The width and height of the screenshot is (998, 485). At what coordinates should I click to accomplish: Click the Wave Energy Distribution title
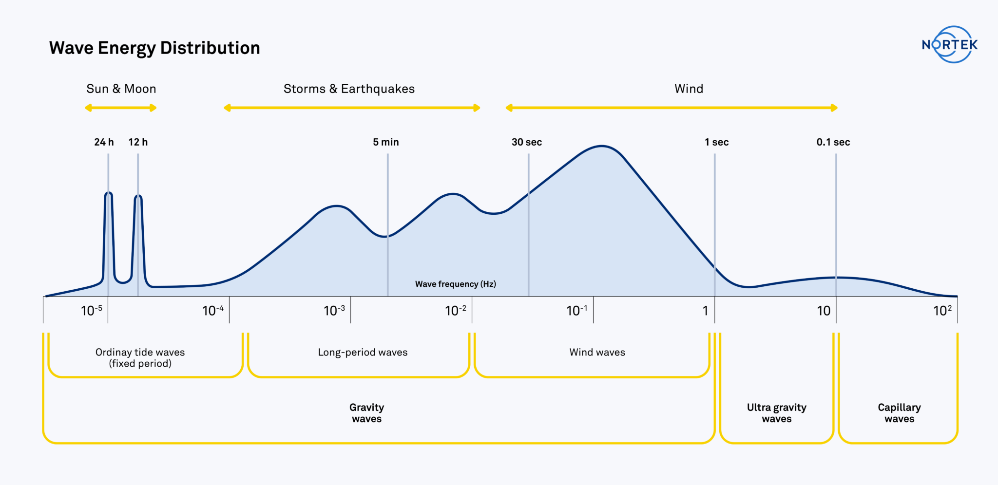(154, 48)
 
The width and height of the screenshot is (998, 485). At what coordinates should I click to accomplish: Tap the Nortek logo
(950, 45)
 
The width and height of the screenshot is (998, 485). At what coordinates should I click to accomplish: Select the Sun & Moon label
(121, 89)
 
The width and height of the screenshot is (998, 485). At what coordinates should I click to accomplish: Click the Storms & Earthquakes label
(349, 89)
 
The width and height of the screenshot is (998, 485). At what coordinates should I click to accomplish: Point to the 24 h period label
(104, 142)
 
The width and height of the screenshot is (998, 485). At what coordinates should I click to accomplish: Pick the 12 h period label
(138, 142)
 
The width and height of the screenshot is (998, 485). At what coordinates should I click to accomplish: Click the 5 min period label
(386, 142)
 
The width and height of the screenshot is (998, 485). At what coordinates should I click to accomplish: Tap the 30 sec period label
(527, 142)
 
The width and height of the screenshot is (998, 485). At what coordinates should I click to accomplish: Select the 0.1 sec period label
(833, 142)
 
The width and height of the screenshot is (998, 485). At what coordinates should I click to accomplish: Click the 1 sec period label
(717, 142)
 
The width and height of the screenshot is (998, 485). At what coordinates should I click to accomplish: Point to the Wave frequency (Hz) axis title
(456, 284)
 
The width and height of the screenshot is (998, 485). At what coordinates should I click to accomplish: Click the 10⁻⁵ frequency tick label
(92, 311)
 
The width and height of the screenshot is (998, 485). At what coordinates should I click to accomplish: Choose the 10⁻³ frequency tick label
(334, 311)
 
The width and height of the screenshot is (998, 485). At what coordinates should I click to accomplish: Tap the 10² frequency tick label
(942, 311)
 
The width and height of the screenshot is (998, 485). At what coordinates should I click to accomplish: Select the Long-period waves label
(363, 353)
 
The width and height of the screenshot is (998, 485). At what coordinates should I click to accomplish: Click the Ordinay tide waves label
(140, 352)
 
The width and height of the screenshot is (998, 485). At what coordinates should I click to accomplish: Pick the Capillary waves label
(900, 413)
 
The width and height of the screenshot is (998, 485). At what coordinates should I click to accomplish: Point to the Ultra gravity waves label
(777, 413)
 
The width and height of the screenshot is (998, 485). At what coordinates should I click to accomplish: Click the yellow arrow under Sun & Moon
(121, 108)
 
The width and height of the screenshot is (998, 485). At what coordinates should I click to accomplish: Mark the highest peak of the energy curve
(602, 146)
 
